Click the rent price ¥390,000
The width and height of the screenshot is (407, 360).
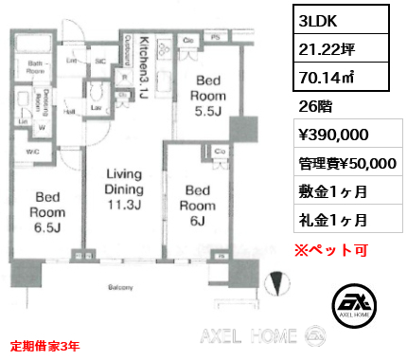point(327,136)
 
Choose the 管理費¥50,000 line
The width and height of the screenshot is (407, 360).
point(345,163)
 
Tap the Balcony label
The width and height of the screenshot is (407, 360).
point(119,286)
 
